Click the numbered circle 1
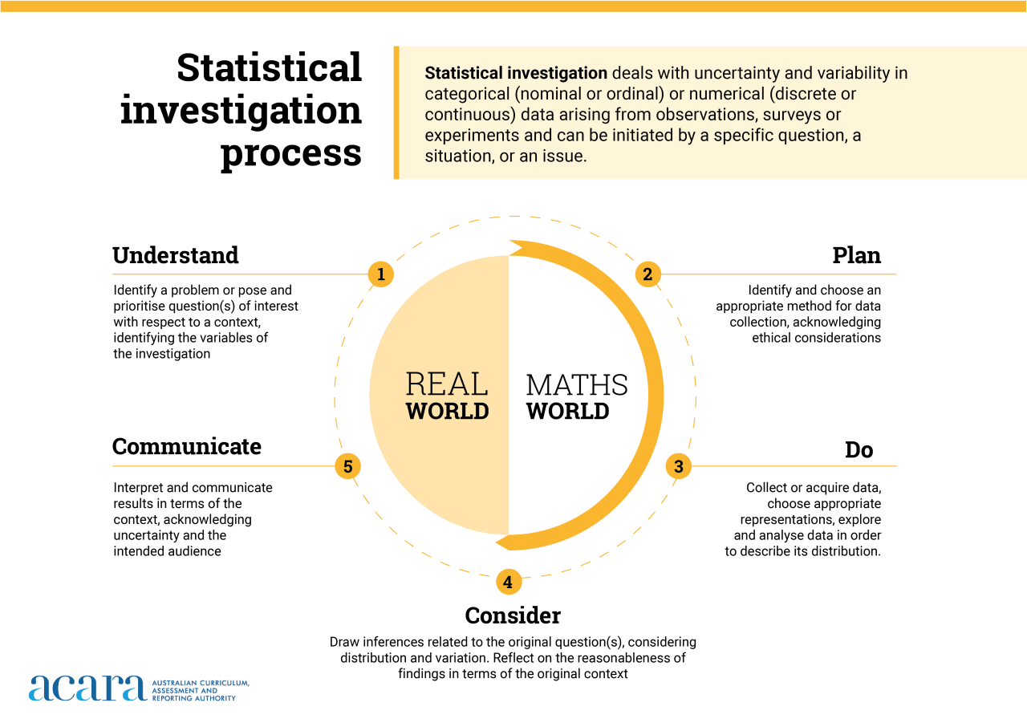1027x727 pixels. (381, 274)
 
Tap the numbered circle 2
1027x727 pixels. (647, 274)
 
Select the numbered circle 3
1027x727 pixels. (679, 466)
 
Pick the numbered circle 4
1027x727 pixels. (508, 582)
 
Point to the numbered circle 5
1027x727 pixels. (347, 466)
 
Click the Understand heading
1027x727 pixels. (176, 255)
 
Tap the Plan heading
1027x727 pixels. (856, 255)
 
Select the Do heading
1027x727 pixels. (859, 450)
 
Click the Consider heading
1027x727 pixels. (513, 615)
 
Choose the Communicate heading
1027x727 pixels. (187, 446)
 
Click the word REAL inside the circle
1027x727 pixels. (447, 384)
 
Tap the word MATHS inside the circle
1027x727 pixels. (577, 385)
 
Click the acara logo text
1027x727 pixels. (87, 688)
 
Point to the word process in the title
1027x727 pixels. (291, 152)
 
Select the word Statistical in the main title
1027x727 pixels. (270, 68)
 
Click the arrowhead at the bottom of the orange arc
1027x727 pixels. (504, 543)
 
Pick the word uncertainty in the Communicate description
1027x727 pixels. (141, 535)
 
